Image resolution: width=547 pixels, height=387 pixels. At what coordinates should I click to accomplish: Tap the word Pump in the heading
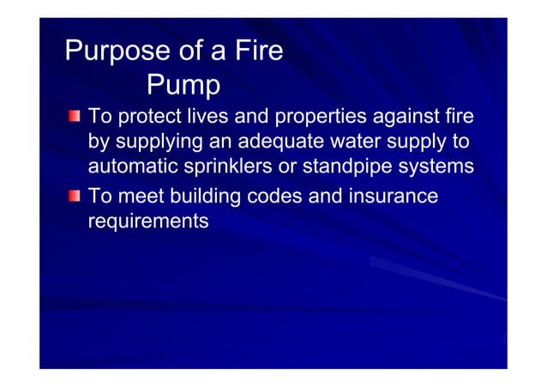coord(183,85)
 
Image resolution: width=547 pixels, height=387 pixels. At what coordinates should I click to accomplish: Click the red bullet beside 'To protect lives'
coord(76,115)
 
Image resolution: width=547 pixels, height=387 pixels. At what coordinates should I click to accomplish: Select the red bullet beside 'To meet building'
coord(76,197)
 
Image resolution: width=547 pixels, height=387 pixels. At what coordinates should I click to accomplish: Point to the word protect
coord(147,116)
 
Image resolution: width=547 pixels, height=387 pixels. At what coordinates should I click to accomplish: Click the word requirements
coord(148,221)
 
